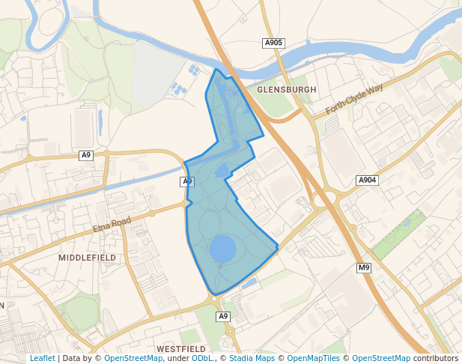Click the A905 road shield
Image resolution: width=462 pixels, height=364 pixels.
(274, 43)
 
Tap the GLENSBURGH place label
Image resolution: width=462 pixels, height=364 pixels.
(287, 89)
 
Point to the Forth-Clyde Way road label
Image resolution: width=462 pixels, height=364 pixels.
(354, 100)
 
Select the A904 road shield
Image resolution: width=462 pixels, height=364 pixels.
(367, 181)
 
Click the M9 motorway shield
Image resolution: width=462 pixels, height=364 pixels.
(364, 268)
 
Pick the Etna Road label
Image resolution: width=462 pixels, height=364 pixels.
(112, 224)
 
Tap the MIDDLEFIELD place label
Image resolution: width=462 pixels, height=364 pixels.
(87, 258)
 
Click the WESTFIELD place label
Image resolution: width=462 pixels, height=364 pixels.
(181, 349)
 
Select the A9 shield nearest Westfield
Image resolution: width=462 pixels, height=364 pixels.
(223, 317)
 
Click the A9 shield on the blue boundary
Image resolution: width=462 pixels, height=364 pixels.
(187, 182)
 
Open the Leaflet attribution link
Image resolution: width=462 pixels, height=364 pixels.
(42, 358)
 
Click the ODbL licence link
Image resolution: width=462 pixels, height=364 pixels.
(201, 358)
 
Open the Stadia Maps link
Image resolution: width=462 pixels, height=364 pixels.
(251, 358)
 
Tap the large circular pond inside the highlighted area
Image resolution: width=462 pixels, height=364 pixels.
(222, 249)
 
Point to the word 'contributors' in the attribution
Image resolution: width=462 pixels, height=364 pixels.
(435, 358)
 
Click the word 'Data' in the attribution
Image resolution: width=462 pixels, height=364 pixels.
(72, 358)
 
